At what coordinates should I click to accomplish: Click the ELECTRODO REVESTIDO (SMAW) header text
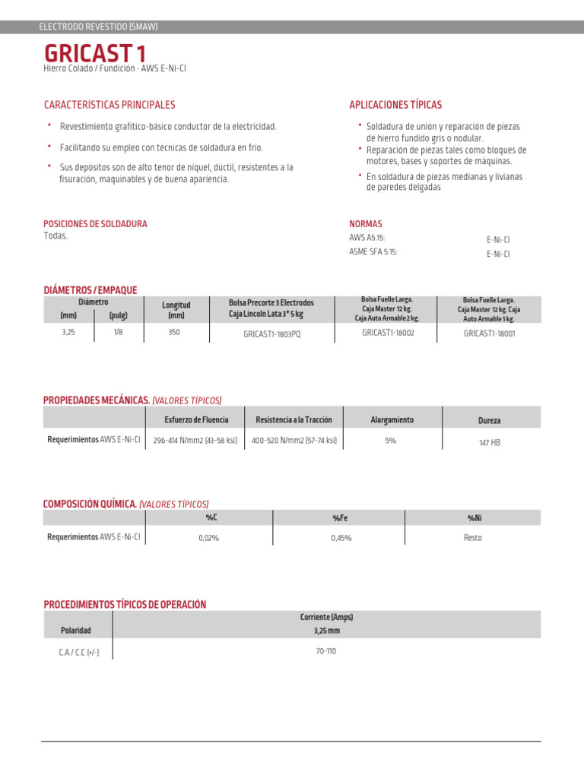point(98,27)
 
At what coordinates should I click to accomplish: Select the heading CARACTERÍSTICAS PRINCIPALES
point(109,105)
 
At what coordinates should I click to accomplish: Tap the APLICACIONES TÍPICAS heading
point(395,105)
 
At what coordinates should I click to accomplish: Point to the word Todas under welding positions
point(56,236)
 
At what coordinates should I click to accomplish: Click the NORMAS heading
point(365,224)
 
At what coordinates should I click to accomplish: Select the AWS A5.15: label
point(367,238)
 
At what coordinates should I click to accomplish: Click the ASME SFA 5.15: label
point(373,251)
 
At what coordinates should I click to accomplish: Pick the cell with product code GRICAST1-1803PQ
point(271,334)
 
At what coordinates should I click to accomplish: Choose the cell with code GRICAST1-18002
point(388,332)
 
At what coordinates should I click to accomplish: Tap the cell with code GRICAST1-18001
point(489,333)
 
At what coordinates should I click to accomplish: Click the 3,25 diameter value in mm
point(68,332)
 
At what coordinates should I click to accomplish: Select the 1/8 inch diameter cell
point(118,332)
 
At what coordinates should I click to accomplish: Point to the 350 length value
point(174,332)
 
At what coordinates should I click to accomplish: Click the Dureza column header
point(489,420)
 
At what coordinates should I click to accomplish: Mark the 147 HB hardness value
point(489,442)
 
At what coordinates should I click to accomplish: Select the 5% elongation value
point(390,441)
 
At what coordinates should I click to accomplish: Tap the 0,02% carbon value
point(208,538)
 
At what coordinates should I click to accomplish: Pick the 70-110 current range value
point(326,651)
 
